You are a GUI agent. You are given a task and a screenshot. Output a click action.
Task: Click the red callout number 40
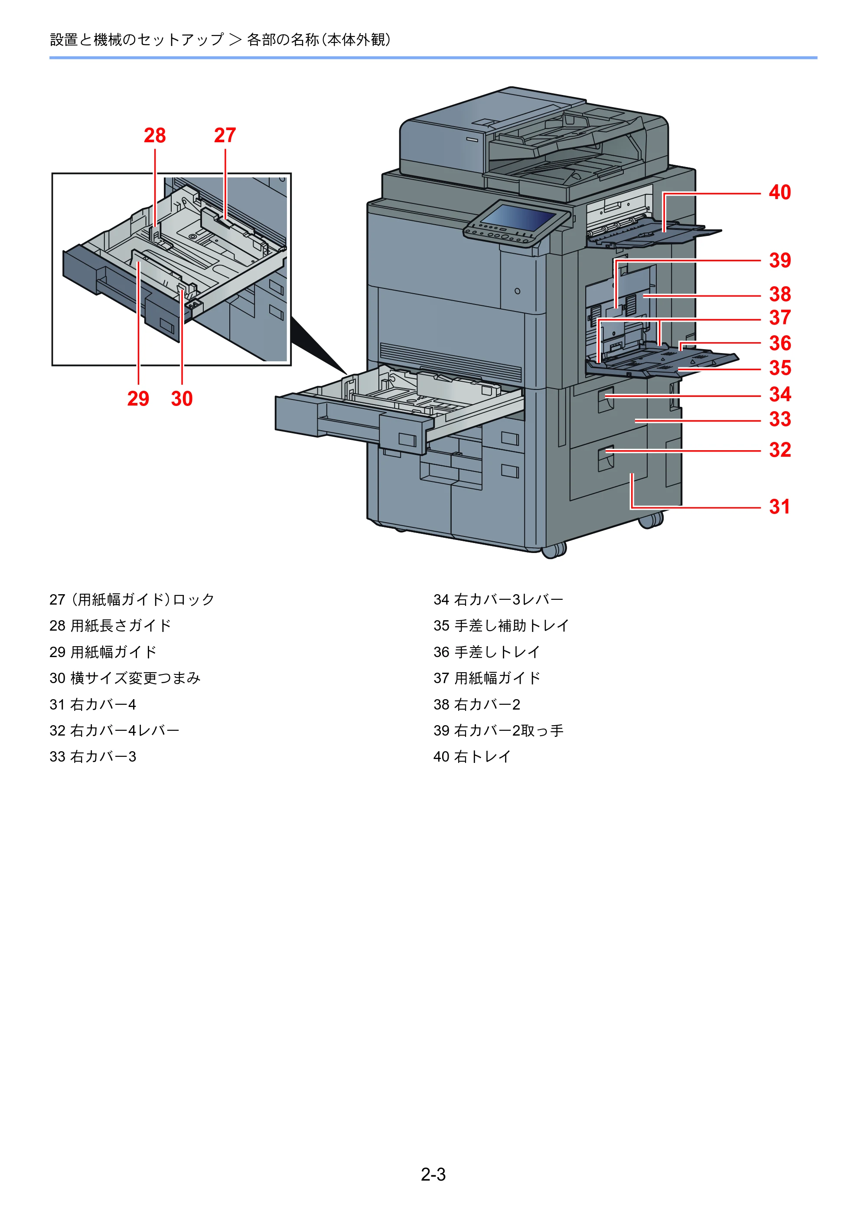coord(779,193)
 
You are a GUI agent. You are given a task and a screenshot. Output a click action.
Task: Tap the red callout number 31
coord(779,507)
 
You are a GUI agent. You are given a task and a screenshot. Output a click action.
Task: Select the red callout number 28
coord(155,136)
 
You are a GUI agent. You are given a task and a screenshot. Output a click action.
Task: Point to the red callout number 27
coord(225,135)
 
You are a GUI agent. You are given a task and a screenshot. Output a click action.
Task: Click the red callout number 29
coord(138,399)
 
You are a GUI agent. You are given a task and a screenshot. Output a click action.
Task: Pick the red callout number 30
coord(182,399)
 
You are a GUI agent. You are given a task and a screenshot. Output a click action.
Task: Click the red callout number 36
coord(780,343)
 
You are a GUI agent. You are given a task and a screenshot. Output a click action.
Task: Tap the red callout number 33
coord(780,419)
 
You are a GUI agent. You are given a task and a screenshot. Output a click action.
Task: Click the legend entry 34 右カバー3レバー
coord(499,599)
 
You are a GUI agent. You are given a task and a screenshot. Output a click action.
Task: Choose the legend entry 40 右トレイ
coord(472,757)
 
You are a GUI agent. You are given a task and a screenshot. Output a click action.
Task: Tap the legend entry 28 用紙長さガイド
coord(110,626)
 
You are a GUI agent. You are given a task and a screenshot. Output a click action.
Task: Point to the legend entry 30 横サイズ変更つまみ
coord(125,678)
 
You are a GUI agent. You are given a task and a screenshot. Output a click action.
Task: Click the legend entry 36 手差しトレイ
coord(487,652)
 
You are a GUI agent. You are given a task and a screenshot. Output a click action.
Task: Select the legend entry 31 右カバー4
coord(93,704)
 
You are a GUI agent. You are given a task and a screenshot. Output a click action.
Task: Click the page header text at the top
coord(220,39)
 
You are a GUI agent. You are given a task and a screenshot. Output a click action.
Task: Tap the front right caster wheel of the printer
coord(554,551)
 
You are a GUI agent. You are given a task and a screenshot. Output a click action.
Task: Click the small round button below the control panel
coord(517,291)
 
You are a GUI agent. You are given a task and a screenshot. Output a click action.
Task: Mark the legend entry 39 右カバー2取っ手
coord(499,730)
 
